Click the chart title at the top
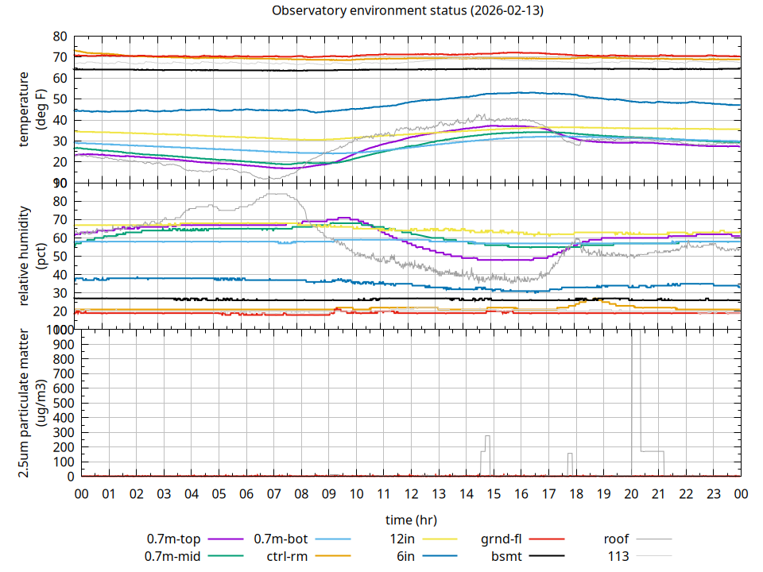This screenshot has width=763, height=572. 407,11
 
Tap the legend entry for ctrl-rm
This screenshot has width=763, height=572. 287,555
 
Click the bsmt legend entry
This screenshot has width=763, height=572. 505,555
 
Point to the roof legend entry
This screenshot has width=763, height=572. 616,539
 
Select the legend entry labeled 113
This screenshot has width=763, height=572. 618,555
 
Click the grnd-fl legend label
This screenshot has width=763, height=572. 502,539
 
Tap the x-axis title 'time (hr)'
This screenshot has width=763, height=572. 411,520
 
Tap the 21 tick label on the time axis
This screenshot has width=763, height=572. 659,494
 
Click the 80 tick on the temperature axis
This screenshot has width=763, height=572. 60,37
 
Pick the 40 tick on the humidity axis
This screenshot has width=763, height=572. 60,275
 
